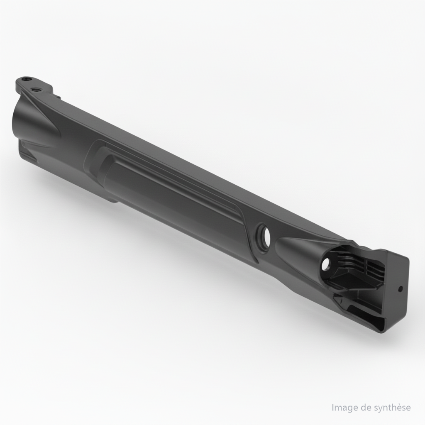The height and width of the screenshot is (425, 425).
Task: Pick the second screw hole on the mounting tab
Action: point(36,89)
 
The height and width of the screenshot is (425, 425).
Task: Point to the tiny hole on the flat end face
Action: point(400,288)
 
